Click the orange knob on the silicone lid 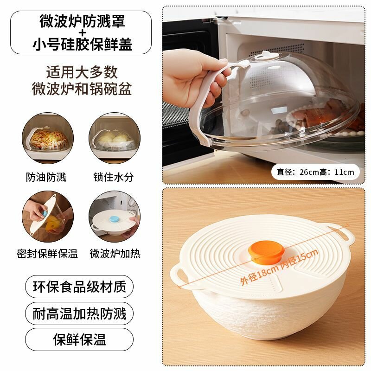(266, 251)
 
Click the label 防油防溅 (46, 177)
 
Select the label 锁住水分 (114, 177)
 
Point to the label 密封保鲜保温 (47, 253)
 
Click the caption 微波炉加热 (115, 253)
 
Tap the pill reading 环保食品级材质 (79, 287)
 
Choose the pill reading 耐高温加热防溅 (79, 313)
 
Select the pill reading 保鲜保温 (79, 339)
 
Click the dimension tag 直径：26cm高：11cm (315, 172)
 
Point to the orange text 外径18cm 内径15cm (279, 267)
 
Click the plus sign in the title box (82, 32)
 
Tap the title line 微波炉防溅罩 (82, 21)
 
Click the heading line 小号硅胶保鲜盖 (82, 44)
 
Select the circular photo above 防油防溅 (48, 138)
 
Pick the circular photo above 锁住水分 (115, 138)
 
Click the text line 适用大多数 (82, 72)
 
